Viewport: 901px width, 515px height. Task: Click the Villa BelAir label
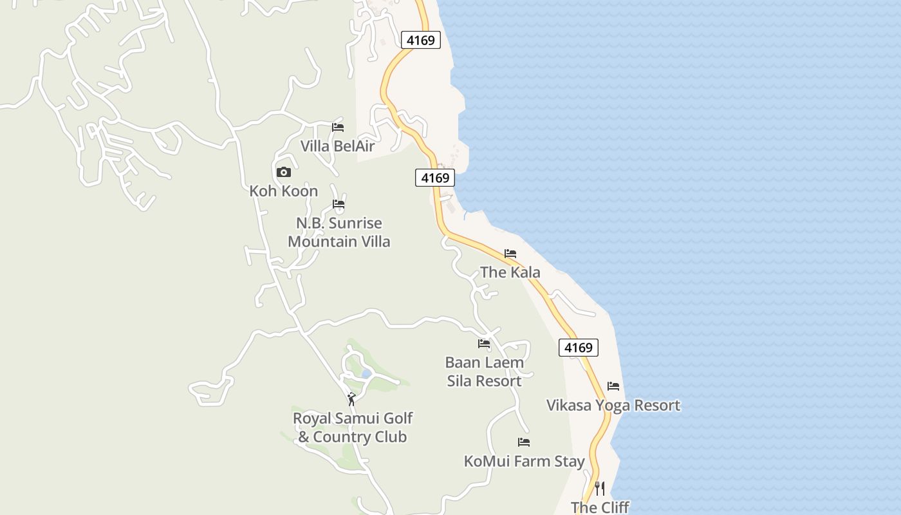tap(337, 146)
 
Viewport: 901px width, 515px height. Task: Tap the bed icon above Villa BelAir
tap(337, 127)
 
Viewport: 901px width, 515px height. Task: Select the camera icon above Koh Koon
tap(283, 172)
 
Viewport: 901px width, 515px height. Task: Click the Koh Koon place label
tap(284, 191)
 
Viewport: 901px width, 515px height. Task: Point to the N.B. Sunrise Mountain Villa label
tap(339, 232)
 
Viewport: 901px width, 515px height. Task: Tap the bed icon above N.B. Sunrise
tap(339, 204)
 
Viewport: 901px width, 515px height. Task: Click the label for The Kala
tap(510, 272)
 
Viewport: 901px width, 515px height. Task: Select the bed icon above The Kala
tap(510, 254)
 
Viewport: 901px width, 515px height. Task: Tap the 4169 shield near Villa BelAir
tap(435, 178)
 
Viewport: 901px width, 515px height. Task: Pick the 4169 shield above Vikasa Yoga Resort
tap(578, 348)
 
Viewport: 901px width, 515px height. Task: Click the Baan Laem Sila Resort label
tap(484, 371)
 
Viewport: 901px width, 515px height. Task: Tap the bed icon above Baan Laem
tap(484, 344)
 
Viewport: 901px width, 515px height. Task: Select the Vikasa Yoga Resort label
tap(613, 406)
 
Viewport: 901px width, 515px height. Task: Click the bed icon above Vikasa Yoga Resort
tap(613, 386)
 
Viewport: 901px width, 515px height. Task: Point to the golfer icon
tap(351, 399)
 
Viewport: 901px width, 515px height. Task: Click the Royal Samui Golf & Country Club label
tap(352, 427)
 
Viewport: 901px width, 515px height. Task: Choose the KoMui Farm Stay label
tap(524, 462)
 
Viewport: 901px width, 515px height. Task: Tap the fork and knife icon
tap(600, 489)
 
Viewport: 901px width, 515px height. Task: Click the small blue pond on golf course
tap(366, 373)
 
